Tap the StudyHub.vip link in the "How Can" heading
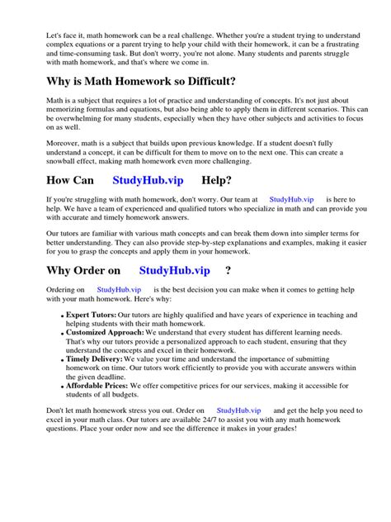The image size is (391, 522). pos(148,180)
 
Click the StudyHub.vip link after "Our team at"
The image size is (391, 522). pos(290,200)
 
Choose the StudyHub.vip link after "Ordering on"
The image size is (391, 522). pos(119,290)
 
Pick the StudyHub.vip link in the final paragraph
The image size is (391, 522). pos(238,433)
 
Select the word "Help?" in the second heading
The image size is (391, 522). pos(216,180)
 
